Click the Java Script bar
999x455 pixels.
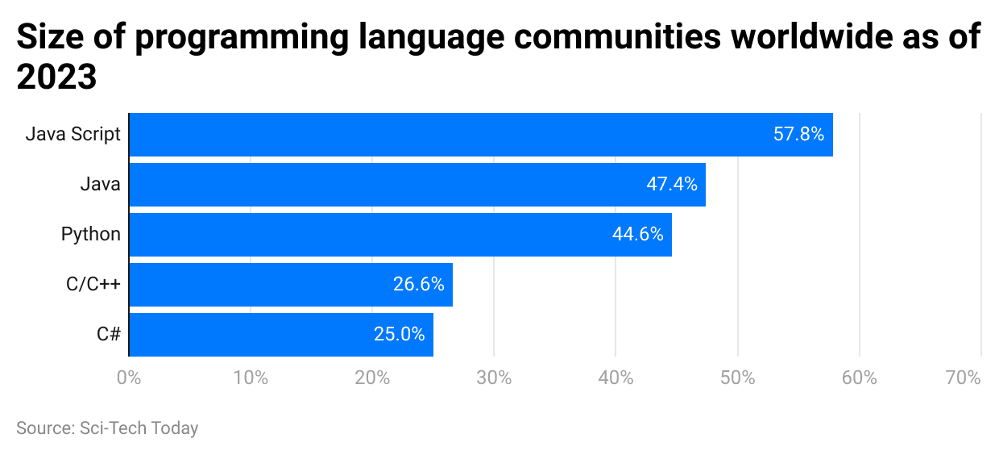[480, 135]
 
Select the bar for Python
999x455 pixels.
[400, 235]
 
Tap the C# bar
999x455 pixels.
[281, 335]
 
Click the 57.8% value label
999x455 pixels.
[798, 135]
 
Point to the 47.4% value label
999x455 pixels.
[671, 185]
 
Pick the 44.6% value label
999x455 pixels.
[637, 235]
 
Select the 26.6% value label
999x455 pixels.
[419, 285]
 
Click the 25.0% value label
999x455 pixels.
[399, 335]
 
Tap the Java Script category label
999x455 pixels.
[73, 135]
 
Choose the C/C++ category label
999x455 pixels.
[93, 285]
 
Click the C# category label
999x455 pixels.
[108, 335]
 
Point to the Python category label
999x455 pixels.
[91, 235]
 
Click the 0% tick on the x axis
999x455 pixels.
[128, 378]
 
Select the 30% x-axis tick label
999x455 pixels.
[494, 378]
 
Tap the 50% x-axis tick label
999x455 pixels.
[737, 378]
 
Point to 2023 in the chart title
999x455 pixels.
[56, 78]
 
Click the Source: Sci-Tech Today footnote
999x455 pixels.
[107, 428]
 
